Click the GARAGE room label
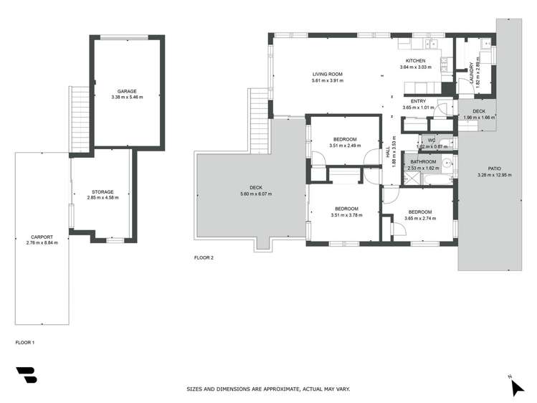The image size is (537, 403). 127,91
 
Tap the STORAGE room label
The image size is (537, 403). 103,191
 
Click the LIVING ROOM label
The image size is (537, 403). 327,75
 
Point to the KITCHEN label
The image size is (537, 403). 415,61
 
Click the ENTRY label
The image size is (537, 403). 419,101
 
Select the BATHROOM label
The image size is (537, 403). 423,162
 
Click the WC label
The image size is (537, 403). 432,141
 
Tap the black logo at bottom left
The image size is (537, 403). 27,375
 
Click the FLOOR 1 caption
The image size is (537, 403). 25,343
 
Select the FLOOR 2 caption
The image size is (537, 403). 204,257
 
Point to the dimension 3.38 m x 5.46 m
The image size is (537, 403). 127,97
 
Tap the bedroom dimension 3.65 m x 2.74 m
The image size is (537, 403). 419,218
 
